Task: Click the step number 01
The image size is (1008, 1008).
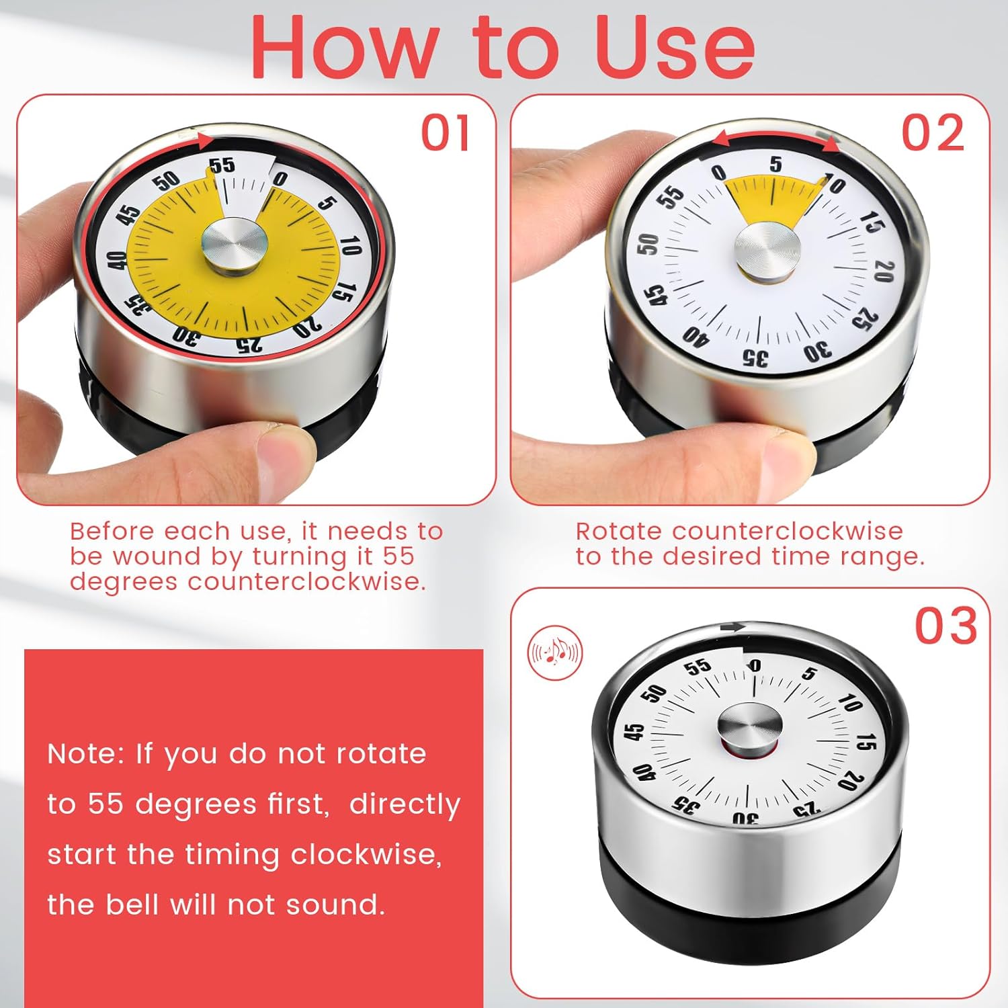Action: [446, 133]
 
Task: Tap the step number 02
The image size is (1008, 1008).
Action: [933, 133]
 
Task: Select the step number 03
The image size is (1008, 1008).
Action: [946, 626]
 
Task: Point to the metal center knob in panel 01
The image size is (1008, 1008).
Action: [234, 246]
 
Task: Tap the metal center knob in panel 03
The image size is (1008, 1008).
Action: [749, 728]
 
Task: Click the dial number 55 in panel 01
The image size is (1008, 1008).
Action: [222, 166]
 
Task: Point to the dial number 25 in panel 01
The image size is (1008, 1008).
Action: [249, 345]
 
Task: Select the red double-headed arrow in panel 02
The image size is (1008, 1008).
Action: [775, 137]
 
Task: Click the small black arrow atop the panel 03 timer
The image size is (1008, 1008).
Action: [732, 628]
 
